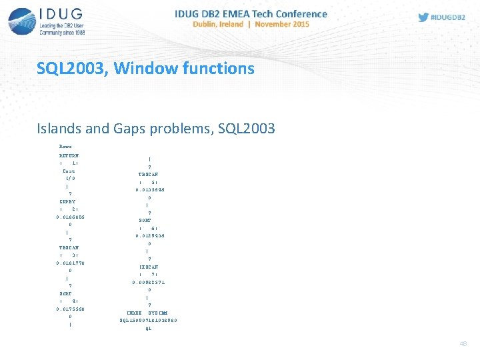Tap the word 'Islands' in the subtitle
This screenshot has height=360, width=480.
coord(59,129)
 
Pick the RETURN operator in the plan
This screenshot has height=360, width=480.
coord(69,155)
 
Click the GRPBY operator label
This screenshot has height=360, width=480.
coord(67,201)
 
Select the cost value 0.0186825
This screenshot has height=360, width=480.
coord(70,217)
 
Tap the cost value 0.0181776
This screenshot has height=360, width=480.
coord(70,263)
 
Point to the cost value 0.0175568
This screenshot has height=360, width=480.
coord(70,309)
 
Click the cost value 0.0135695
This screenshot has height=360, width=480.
coord(150,189)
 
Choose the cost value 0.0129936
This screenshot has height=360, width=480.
coord(150,235)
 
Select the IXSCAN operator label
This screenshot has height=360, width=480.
coord(149,267)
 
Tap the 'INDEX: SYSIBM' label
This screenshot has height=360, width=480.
coord(147,313)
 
